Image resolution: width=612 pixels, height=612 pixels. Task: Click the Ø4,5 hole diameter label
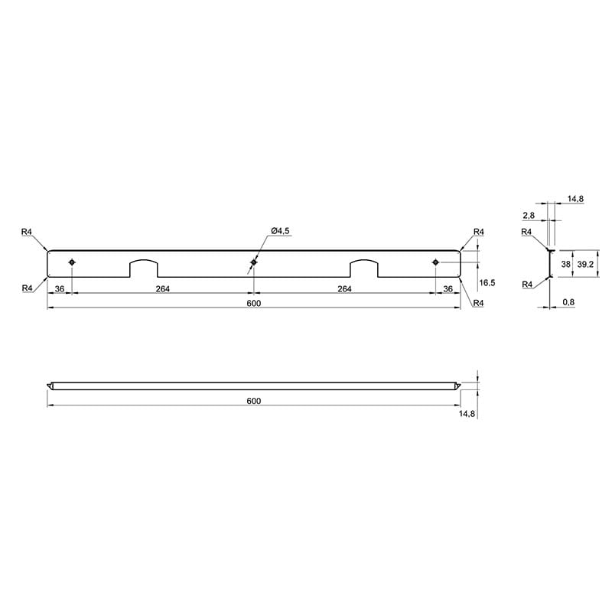tap(280, 231)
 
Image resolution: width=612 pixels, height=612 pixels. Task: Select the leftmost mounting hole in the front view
tap(72, 262)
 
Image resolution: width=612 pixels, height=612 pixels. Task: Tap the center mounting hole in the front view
tap(254, 262)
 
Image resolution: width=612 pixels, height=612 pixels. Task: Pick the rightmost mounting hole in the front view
tap(435, 262)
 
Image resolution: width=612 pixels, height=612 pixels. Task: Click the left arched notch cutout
tap(144, 260)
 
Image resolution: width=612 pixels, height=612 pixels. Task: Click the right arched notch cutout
tap(364, 260)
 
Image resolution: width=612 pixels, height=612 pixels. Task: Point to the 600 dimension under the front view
tap(254, 303)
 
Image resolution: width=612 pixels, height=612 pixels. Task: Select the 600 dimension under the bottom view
tap(254, 401)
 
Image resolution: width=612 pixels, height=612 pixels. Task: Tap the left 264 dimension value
tap(163, 288)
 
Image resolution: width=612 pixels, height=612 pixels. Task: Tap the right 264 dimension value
tap(345, 288)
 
